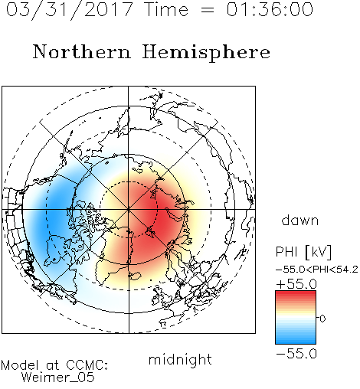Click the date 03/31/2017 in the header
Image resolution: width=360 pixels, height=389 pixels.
70,10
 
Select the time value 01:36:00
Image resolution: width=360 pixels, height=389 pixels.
270,9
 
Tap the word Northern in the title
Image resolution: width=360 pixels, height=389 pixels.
82,51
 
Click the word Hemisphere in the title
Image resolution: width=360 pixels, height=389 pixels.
206,52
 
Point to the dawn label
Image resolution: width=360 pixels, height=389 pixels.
300,220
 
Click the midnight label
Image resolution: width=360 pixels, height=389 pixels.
180,359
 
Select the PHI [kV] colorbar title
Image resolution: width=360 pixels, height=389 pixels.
303,252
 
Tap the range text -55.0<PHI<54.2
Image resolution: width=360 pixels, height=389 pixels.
317,270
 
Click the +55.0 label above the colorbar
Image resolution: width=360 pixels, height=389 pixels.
296,284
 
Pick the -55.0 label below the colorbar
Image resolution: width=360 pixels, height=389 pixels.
296,354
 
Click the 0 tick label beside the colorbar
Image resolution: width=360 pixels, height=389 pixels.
322,319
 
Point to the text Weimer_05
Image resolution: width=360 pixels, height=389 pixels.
58,378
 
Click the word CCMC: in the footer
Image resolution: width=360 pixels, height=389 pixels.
87,365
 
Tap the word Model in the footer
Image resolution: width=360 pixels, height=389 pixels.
20,365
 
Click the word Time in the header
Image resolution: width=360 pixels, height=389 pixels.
166,9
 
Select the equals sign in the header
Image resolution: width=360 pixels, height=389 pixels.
208,10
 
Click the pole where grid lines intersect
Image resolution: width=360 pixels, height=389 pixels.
129,210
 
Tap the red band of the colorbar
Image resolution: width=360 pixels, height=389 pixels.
296,296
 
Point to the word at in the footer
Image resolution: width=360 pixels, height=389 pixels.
52,365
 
